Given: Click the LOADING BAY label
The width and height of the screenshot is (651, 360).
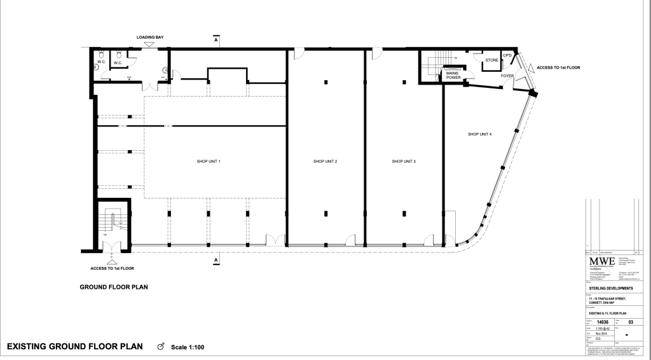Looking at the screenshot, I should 151,38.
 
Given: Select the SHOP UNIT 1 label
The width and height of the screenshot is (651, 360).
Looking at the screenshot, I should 209,162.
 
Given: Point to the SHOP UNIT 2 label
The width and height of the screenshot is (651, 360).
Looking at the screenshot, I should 325,162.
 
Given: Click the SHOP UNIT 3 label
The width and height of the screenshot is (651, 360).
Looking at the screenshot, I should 404,162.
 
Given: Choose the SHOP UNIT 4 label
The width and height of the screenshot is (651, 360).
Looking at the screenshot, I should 480,134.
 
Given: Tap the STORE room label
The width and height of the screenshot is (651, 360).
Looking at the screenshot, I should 491,61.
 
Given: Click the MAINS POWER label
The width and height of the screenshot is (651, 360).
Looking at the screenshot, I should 453,75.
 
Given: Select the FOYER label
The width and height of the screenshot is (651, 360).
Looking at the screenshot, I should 507,76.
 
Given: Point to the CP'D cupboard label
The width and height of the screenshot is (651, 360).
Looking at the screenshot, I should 507,56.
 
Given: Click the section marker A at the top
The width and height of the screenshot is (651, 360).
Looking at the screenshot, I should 216,40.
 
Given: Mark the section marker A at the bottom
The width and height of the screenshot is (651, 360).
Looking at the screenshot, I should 216,261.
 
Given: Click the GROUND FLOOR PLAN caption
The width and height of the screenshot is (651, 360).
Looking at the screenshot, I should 114,287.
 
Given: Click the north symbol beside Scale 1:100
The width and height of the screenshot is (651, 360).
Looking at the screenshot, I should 160,347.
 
